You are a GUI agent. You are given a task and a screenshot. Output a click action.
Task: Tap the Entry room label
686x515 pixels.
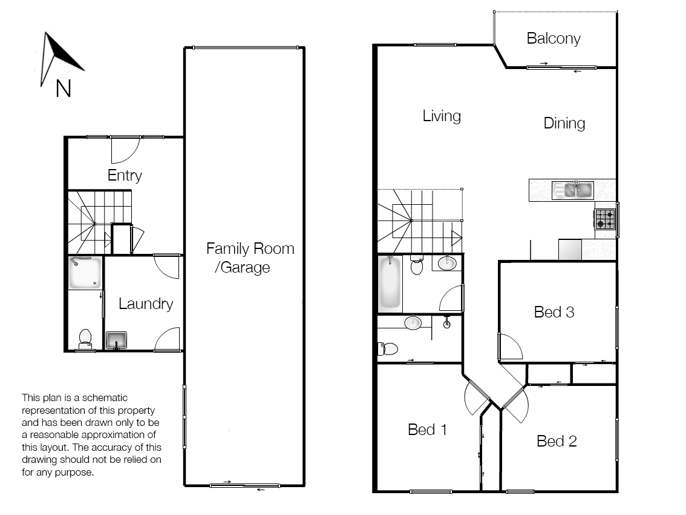125,176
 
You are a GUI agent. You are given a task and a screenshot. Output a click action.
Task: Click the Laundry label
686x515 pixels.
145,304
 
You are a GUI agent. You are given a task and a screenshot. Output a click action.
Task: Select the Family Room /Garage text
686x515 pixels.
249,257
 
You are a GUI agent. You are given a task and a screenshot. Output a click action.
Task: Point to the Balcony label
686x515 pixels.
553,39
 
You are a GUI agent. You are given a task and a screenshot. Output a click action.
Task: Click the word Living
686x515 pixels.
441,116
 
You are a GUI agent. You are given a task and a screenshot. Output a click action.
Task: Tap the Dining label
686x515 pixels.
564,124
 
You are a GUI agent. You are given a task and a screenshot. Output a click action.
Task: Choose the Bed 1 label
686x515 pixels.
427,430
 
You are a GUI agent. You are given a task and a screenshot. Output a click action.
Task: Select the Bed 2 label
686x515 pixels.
557,441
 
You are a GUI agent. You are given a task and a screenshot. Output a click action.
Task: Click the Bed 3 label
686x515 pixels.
554,312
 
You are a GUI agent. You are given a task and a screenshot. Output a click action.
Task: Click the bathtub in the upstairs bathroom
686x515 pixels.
390,283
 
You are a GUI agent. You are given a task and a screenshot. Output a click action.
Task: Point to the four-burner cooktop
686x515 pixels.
605,219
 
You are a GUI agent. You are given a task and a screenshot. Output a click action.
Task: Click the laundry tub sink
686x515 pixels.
116,341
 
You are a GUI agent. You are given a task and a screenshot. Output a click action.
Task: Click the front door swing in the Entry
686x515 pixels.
125,150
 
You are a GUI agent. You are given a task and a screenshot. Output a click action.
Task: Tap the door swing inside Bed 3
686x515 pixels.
509,347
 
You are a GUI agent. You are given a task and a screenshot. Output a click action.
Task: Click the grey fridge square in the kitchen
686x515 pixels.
569,250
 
